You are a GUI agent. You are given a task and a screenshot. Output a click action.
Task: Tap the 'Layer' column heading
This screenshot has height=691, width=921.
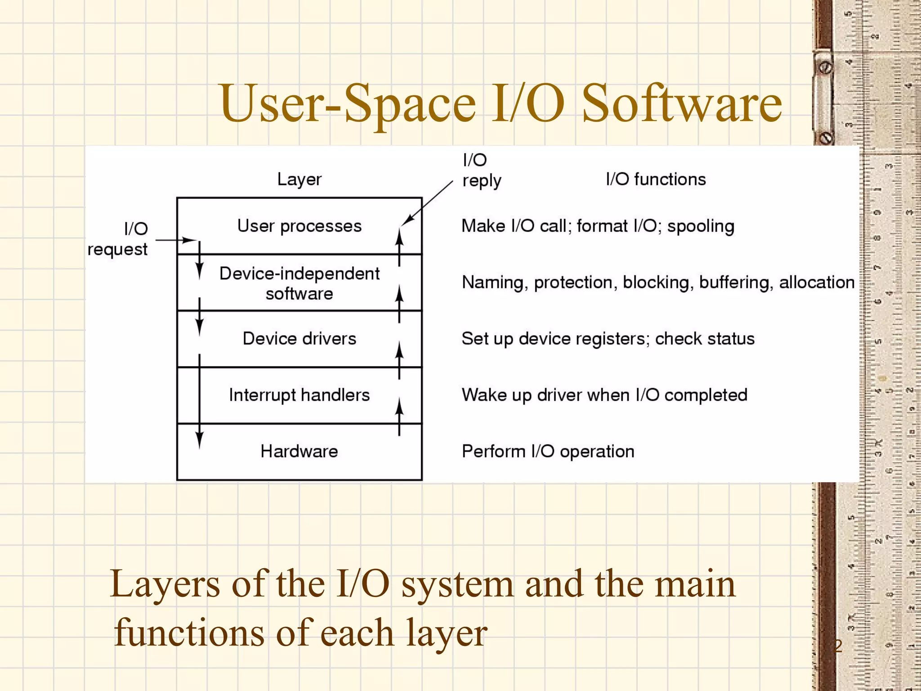(x=299, y=179)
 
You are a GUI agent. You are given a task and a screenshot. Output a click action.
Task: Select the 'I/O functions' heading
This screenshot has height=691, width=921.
(x=656, y=179)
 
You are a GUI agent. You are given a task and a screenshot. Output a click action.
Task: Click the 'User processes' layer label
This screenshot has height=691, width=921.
(x=299, y=226)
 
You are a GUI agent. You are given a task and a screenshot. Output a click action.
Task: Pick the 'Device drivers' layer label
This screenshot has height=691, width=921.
(x=299, y=338)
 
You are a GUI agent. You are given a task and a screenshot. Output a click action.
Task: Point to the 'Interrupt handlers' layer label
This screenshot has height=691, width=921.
(x=299, y=395)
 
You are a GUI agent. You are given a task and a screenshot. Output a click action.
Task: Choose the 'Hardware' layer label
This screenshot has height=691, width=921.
(x=299, y=451)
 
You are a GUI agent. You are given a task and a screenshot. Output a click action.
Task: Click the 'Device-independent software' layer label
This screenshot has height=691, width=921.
(x=299, y=283)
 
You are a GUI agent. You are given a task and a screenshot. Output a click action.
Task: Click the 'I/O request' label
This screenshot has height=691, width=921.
(x=118, y=239)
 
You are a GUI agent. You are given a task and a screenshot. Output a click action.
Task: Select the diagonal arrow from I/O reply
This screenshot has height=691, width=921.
(x=427, y=203)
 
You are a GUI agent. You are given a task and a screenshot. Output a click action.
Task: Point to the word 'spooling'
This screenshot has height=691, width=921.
(x=700, y=226)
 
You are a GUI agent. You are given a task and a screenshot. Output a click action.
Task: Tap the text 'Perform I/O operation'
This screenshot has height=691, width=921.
(x=548, y=451)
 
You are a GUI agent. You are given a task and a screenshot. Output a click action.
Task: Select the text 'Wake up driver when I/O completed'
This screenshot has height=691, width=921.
(x=604, y=395)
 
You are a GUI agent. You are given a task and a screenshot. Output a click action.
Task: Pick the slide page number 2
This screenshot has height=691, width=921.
(x=838, y=646)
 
